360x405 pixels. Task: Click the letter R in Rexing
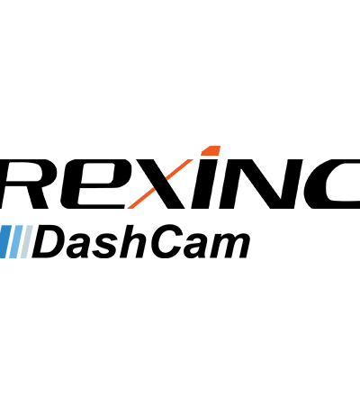point(25,184)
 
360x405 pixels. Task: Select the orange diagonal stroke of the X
point(160,184)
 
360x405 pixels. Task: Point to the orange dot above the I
point(211,150)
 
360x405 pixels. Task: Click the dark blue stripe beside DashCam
point(4,241)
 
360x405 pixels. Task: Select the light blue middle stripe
point(16,241)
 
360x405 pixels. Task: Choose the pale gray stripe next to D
point(27,241)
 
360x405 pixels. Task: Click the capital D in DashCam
point(50,242)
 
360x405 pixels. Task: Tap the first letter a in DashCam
point(83,246)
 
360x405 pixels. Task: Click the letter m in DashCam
point(230,246)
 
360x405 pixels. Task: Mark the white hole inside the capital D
point(51,242)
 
